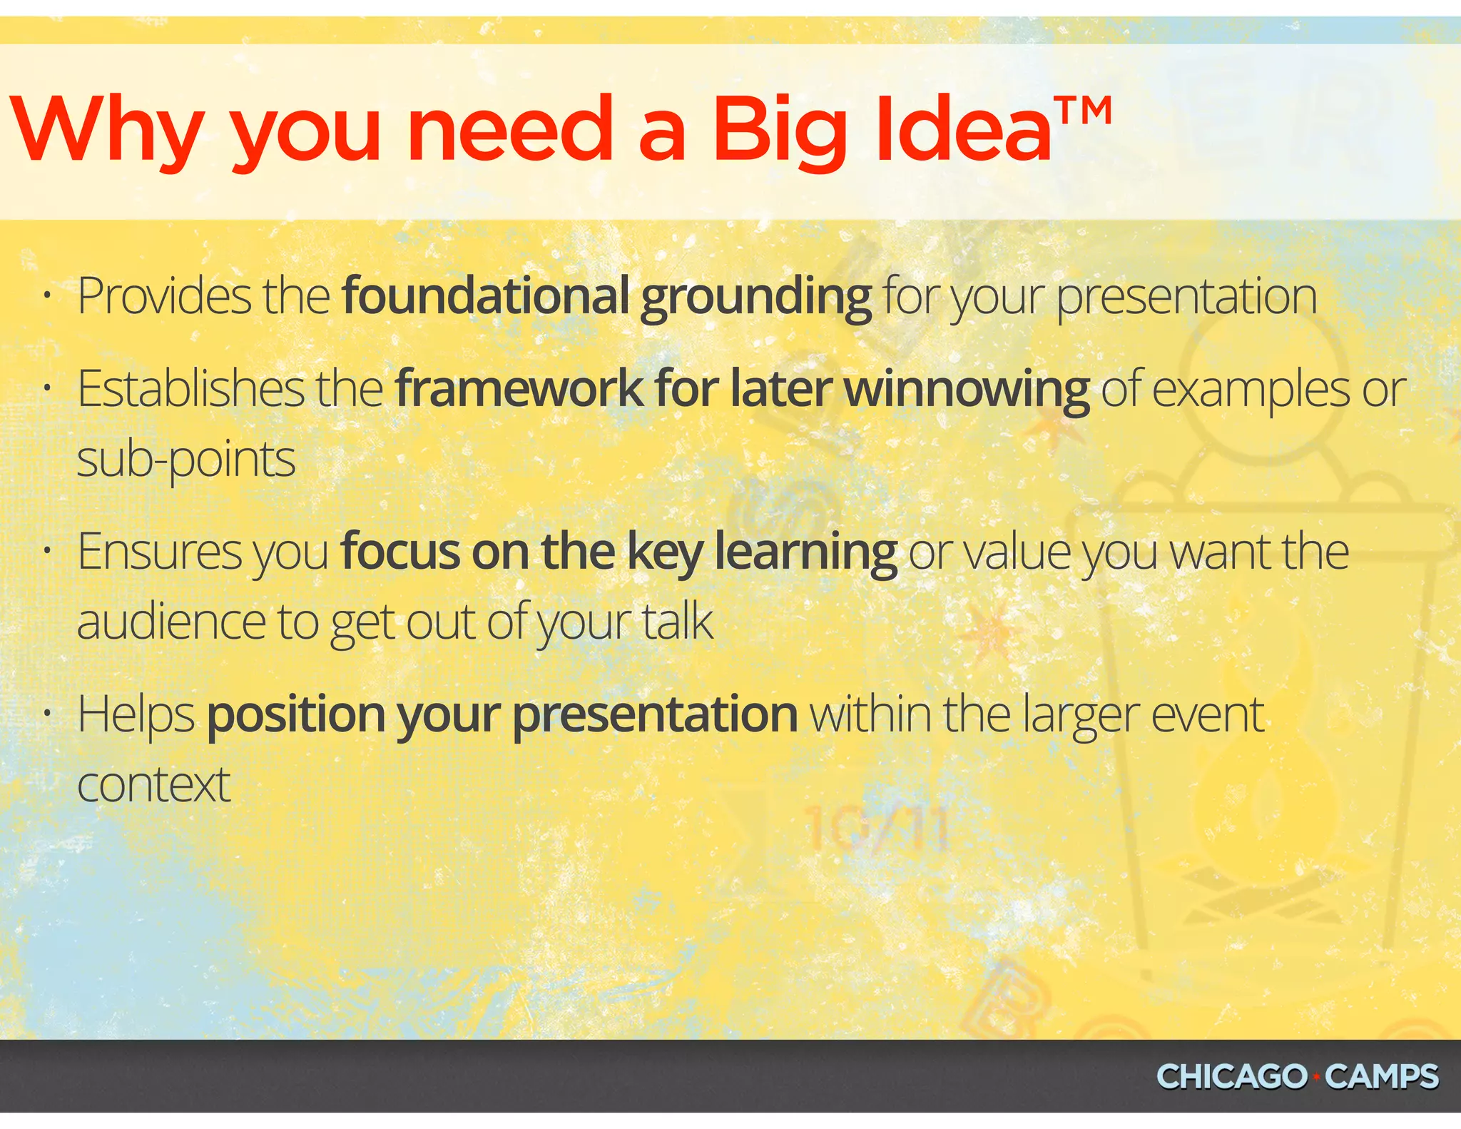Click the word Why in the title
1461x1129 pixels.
pyautogui.click(x=107, y=130)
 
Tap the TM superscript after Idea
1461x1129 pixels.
pyautogui.click(x=1083, y=113)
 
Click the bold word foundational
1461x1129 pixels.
pyautogui.click(x=485, y=296)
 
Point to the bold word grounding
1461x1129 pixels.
pyautogui.click(x=755, y=298)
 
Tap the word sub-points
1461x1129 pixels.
pyautogui.click(x=186, y=460)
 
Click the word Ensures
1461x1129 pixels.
pyautogui.click(x=160, y=552)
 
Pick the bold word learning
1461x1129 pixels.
pyautogui.click(x=805, y=553)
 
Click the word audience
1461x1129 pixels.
pyautogui.click(x=171, y=622)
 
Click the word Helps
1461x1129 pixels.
pyautogui.click(x=136, y=715)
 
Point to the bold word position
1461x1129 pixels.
pyautogui.click(x=296, y=715)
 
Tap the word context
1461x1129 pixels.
pyautogui.click(x=153, y=785)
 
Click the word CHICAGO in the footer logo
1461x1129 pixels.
pyautogui.click(x=1231, y=1077)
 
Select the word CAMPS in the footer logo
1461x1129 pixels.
pyautogui.click(x=1382, y=1077)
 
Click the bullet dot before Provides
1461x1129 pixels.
pyautogui.click(x=46, y=295)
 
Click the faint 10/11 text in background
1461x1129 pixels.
pyautogui.click(x=877, y=829)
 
